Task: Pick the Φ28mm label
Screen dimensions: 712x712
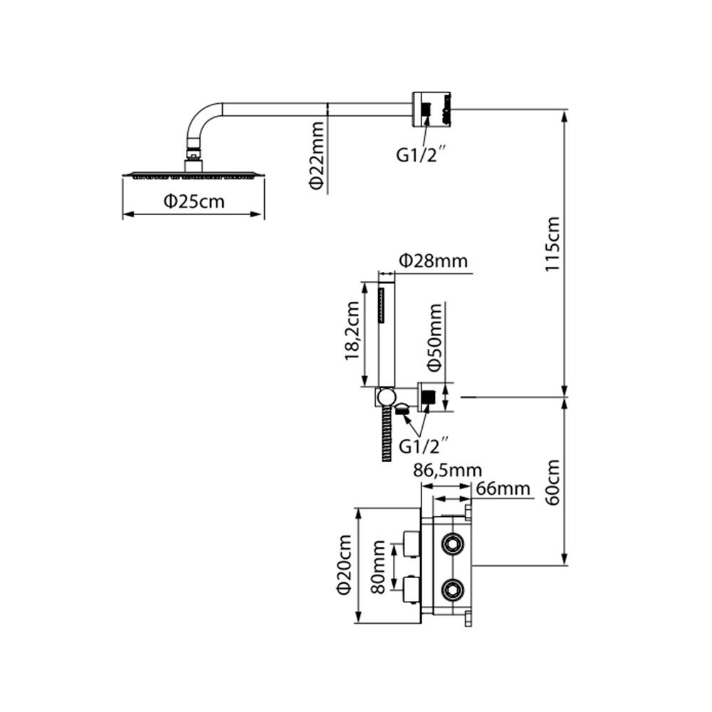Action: pos(433,261)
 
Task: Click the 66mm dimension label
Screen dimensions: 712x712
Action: pos(503,488)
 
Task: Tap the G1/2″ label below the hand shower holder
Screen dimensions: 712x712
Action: pos(424,446)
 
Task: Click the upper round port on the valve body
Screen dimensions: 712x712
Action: pos(451,545)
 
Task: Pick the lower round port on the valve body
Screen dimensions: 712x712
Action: pos(451,589)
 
